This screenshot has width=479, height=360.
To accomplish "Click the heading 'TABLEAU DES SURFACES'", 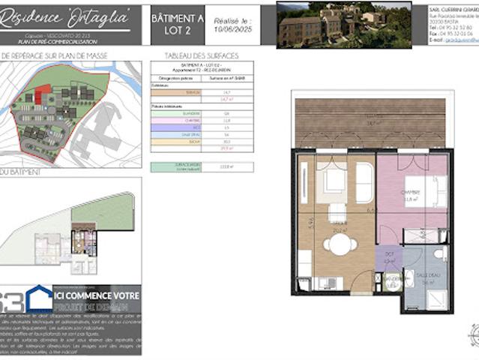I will click(194, 55).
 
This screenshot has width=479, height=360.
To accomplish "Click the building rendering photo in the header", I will click(343, 25).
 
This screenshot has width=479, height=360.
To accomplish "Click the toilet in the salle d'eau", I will click(439, 256).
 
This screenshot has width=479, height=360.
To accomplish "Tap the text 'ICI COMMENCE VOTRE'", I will click(97, 295).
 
